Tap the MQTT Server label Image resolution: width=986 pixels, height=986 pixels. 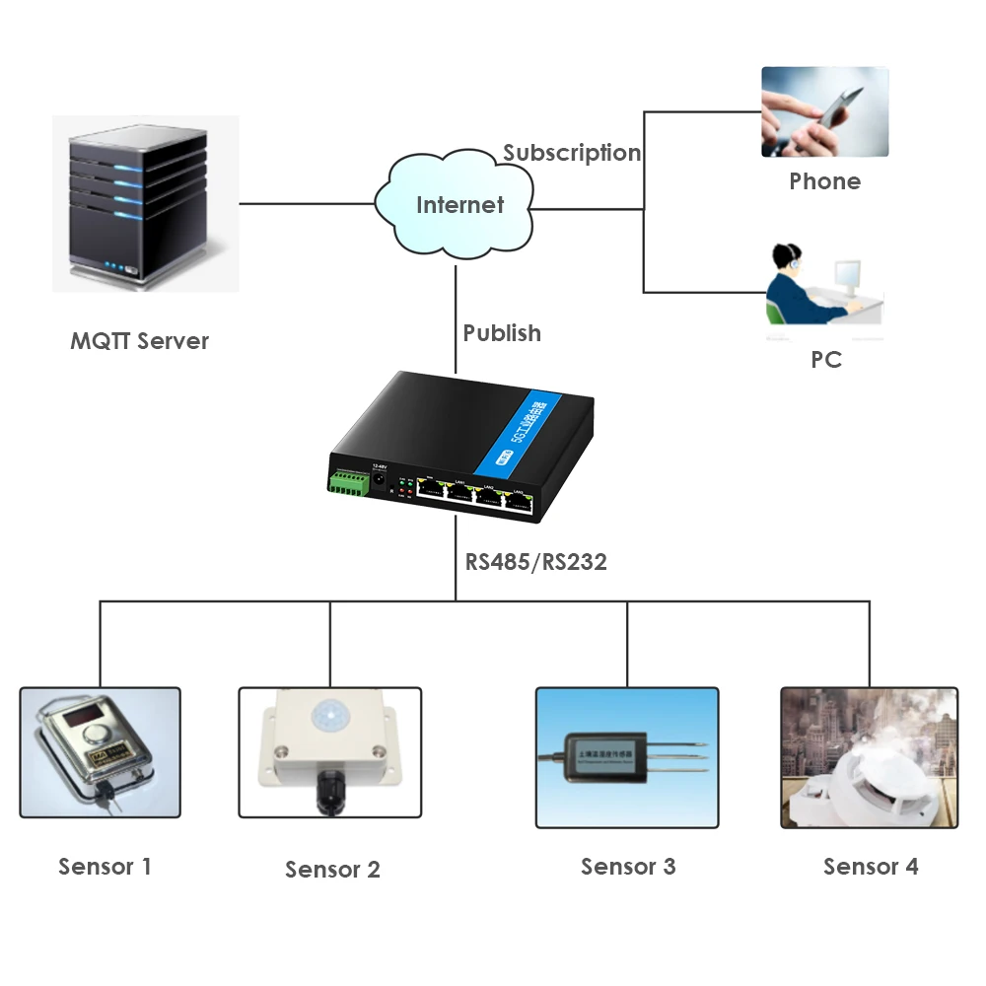[139, 341]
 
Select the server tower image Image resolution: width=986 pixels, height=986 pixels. [144, 205]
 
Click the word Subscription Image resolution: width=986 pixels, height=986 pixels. [572, 153]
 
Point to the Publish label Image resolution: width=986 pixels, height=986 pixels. [502, 333]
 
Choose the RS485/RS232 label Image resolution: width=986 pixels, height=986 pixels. [535, 562]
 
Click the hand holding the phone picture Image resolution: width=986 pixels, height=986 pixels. [824, 111]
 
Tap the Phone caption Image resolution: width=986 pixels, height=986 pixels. [824, 181]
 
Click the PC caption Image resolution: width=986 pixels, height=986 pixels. [825, 360]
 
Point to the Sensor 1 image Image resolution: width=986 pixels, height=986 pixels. [101, 752]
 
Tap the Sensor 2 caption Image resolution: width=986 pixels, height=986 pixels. [332, 870]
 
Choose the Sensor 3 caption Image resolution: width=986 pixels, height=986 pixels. [628, 867]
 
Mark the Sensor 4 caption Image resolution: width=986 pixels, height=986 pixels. [871, 867]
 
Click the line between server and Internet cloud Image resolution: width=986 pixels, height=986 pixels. [306, 204]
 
